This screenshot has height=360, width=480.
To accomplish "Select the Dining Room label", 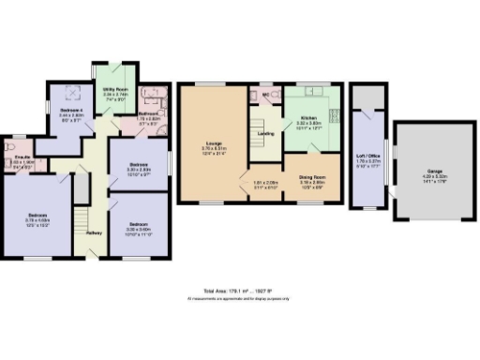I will point(311,177).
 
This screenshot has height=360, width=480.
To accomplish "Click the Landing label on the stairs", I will point(265,132).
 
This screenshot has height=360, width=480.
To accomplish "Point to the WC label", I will point(265,94).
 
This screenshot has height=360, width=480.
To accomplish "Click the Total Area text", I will point(240,292).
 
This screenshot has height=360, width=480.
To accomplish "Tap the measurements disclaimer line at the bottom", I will point(240,298).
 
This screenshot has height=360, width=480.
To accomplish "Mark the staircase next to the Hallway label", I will point(81,191).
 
